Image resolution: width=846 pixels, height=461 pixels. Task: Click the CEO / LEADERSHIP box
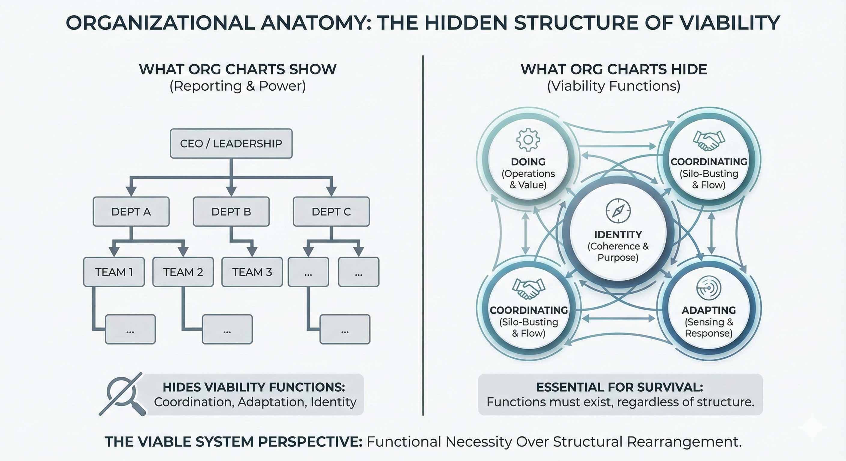[231, 143]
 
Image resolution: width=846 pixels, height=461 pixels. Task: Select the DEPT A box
[131, 212]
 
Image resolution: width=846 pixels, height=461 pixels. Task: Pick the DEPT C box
[331, 212]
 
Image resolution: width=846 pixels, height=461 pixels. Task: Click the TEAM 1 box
[114, 272]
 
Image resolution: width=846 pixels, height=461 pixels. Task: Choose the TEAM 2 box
[183, 272]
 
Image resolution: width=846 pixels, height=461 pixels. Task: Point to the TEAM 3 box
[252, 272]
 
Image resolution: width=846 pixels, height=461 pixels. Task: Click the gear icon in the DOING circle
[528, 140]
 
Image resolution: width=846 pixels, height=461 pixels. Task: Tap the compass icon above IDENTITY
[618, 211]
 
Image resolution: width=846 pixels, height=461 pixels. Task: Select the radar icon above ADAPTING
[708, 288]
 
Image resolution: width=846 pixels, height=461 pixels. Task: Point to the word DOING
[528, 162]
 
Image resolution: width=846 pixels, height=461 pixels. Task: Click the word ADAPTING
[708, 310]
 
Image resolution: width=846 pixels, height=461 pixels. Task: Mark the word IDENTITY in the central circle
[618, 235]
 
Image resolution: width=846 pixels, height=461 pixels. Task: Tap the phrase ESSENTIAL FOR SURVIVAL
[619, 387]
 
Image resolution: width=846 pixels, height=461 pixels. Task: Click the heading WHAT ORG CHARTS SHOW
[237, 69]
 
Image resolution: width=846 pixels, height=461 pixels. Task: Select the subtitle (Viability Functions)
[613, 86]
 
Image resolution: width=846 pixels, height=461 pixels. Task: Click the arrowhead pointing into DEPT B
[231, 191]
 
